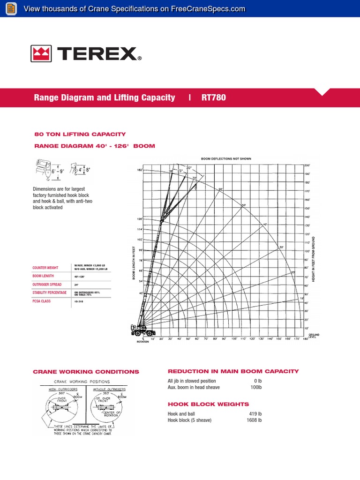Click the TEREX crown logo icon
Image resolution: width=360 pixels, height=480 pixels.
[x=42, y=54]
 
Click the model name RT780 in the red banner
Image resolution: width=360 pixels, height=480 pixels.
[x=214, y=97]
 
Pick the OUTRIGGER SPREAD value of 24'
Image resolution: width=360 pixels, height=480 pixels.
[x=76, y=285]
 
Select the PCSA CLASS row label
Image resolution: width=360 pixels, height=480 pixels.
[x=42, y=301]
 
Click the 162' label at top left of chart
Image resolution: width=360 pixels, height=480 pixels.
[x=139, y=170]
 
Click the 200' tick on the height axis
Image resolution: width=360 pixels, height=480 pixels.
[x=307, y=165]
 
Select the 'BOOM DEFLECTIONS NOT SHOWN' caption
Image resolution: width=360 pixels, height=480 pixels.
[x=226, y=159]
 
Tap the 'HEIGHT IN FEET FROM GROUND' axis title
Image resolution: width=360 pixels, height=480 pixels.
[x=313, y=256]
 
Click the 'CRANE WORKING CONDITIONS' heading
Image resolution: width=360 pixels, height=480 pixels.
[x=86, y=372]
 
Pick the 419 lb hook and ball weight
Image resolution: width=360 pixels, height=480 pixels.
[x=255, y=414]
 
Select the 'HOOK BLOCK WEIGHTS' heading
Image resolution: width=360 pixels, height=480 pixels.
[x=208, y=404]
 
